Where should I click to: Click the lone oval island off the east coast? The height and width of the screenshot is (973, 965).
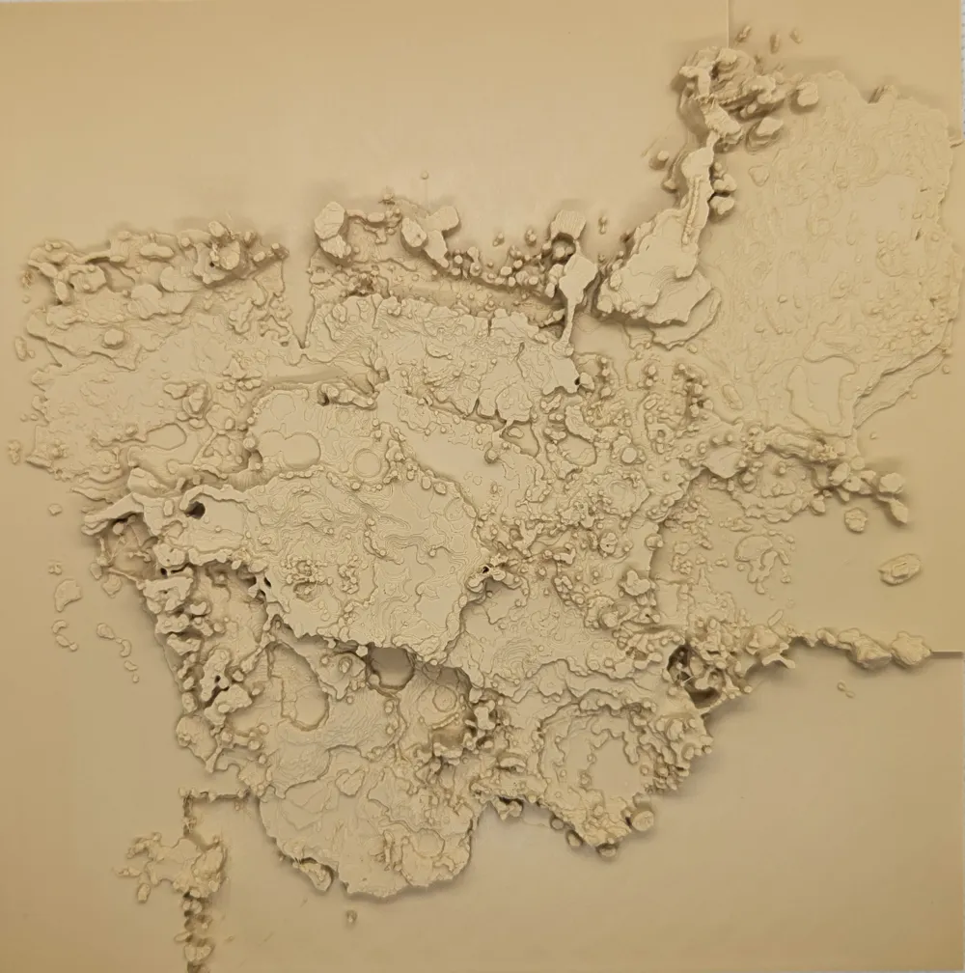(899, 569)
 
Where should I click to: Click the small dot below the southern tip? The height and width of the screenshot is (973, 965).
(350, 914)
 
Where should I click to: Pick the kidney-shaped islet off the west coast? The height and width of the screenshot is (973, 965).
(66, 593)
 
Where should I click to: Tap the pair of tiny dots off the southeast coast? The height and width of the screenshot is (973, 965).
(844, 689)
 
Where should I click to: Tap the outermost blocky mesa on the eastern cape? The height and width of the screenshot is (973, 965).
(892, 508)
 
